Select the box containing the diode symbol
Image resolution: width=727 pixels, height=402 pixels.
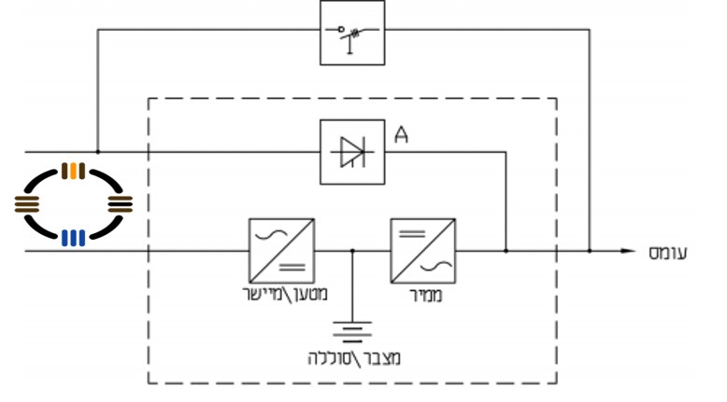point(351,151)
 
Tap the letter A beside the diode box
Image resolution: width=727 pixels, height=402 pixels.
point(402,136)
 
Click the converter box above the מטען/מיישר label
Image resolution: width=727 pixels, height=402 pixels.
point(281,251)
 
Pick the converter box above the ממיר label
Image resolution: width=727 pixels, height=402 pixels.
point(422,251)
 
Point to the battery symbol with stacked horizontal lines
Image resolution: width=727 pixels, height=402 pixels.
point(352,331)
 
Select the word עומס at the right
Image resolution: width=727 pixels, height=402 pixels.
point(667,252)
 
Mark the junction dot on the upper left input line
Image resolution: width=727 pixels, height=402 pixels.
point(97,151)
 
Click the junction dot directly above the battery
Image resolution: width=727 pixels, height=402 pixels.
point(352,251)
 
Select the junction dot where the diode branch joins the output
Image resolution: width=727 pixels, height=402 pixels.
point(506,251)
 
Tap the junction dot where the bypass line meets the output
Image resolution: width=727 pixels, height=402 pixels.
point(590,251)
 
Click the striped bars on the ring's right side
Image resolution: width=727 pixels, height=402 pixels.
point(121,203)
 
